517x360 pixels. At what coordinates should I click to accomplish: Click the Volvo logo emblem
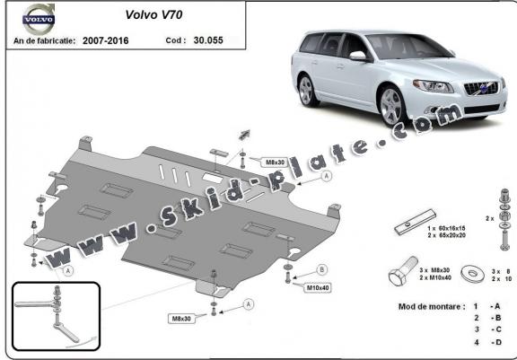click(39, 19)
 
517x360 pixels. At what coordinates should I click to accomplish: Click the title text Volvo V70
click(153, 14)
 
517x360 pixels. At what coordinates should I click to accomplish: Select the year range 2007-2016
click(106, 40)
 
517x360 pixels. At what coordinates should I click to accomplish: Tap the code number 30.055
click(208, 40)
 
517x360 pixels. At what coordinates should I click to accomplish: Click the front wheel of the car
click(391, 106)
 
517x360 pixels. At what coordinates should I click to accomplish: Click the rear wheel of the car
click(307, 90)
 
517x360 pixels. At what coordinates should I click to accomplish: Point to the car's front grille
click(481, 88)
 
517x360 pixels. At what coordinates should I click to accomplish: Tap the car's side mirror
click(359, 56)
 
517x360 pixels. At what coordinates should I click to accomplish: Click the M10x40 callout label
click(318, 287)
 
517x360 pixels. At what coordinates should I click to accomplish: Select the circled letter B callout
click(322, 269)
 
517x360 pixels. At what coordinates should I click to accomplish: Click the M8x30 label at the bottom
click(181, 319)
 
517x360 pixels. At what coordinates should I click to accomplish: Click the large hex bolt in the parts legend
click(403, 271)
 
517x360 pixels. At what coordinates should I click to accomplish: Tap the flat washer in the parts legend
click(472, 273)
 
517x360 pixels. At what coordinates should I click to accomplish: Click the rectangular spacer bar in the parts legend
click(415, 223)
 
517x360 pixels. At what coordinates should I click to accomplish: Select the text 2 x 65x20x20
click(446, 235)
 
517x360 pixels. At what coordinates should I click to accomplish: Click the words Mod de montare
click(432, 307)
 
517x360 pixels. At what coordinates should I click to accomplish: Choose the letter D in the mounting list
click(498, 343)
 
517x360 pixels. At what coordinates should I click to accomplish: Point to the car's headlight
click(433, 86)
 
